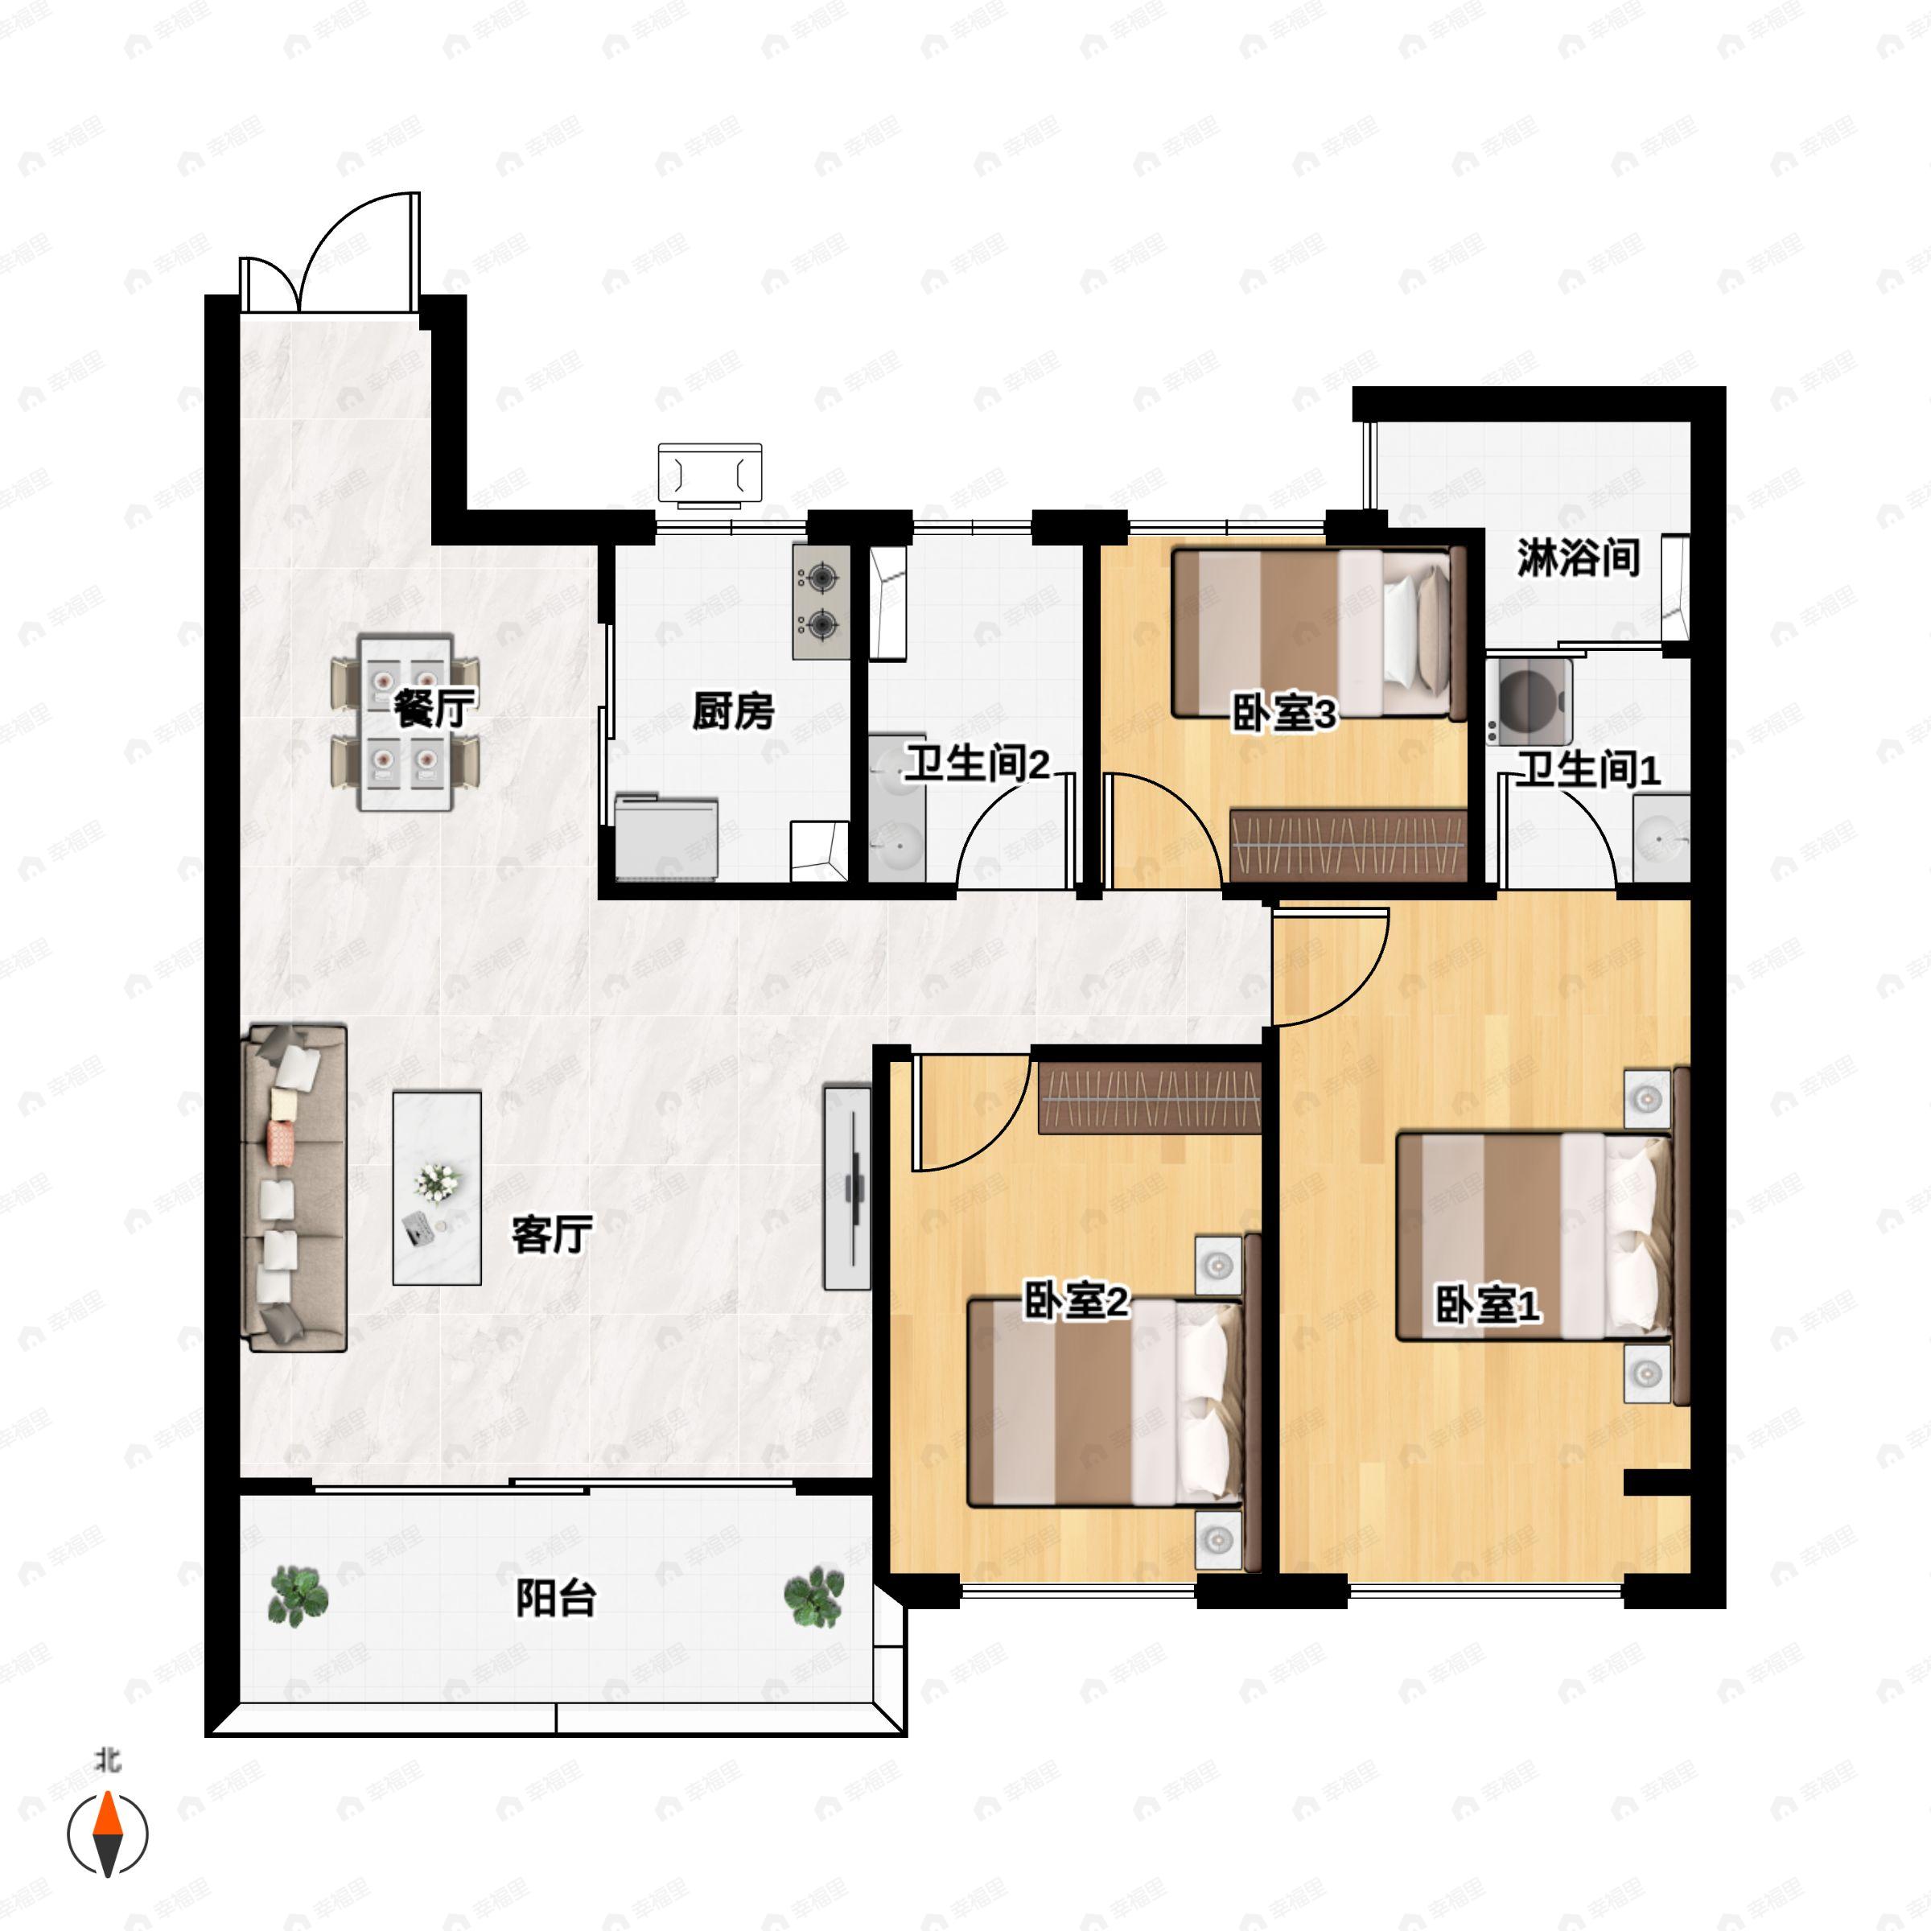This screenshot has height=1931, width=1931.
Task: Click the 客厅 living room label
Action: pos(552,1234)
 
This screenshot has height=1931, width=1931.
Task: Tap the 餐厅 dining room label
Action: pos(434,709)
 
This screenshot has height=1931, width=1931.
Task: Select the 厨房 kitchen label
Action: pos(734,710)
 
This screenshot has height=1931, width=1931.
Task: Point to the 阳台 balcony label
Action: pos(557,1597)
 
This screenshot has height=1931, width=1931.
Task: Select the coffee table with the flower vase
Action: pos(437,1188)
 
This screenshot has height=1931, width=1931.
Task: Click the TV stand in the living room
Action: pos(847,1188)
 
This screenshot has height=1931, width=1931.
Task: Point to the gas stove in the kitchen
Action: pos(821,602)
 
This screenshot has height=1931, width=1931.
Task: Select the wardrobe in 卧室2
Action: pos(1150,1099)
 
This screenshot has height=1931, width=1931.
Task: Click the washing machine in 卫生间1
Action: pos(1528,701)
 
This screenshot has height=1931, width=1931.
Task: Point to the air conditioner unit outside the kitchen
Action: pos(710,471)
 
